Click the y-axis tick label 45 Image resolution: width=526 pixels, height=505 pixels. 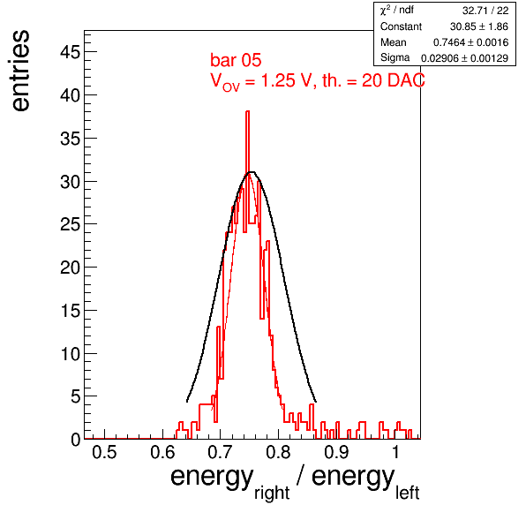71,52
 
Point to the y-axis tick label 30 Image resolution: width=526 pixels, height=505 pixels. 71,182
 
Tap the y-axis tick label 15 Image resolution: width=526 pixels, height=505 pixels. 71,311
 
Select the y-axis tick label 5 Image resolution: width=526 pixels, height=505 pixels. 76,396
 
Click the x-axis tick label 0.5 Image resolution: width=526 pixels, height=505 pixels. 104,452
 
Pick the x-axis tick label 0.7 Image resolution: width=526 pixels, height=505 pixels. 220,452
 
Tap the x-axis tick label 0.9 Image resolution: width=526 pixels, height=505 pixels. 336,452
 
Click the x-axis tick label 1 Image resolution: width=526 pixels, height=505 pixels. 396,452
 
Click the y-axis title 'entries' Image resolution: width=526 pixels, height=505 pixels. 21,71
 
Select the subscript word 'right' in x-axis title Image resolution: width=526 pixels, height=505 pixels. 272,493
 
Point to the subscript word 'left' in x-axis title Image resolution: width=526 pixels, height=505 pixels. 407,493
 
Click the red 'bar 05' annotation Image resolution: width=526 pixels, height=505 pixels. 236,60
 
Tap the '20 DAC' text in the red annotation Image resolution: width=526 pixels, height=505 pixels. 393,80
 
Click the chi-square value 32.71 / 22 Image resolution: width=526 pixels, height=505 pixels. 485,11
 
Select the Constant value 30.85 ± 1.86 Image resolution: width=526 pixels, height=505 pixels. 479,26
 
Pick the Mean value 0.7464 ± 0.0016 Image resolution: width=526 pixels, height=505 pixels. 471,42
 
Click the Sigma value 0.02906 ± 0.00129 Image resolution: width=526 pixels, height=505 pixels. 464,58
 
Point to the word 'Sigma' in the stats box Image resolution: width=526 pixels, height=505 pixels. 394,57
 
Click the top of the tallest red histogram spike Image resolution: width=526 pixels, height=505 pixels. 248,111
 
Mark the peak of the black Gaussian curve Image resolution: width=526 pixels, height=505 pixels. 252,172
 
